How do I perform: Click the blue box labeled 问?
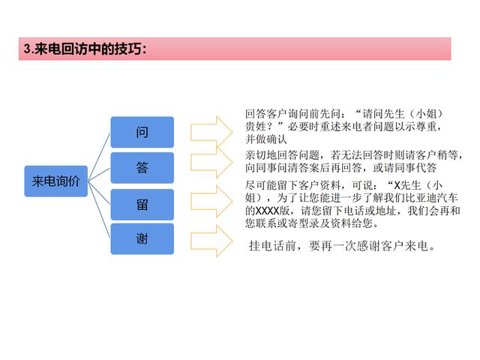142,132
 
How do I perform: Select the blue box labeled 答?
142,168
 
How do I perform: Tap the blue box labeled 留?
142,205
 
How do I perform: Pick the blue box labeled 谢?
142,238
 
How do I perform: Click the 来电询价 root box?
56,181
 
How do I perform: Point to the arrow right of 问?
211,132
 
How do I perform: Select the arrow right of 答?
211,162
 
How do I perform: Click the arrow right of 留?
211,202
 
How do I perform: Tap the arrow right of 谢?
211,241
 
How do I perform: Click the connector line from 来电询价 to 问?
99,157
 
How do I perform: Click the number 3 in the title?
27,49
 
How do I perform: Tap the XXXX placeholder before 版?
268,211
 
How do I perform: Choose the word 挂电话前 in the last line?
272,245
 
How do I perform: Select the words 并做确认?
266,139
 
